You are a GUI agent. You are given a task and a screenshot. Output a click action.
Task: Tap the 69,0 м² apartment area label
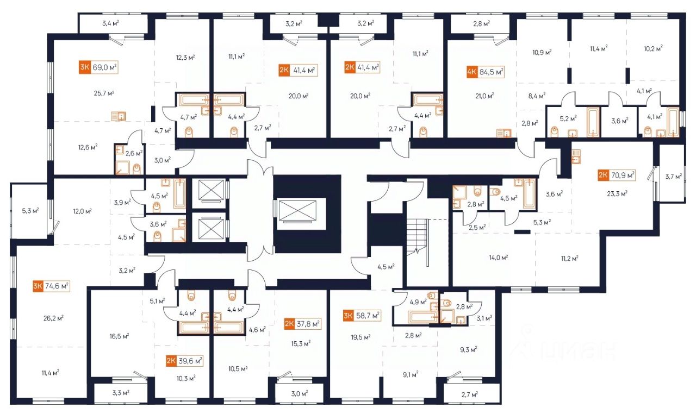click(x=105, y=68)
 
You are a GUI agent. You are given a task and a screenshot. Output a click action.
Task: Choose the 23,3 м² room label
click(x=617, y=192)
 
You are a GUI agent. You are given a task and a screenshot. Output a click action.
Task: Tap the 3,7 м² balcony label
click(x=673, y=175)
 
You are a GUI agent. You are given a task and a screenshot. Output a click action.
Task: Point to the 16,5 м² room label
click(x=118, y=336)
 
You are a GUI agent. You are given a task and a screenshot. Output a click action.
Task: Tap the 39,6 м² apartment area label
click(x=190, y=360)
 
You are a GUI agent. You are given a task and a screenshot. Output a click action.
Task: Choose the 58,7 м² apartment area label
click(x=367, y=315)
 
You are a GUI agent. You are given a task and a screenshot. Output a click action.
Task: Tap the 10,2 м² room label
click(x=652, y=49)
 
